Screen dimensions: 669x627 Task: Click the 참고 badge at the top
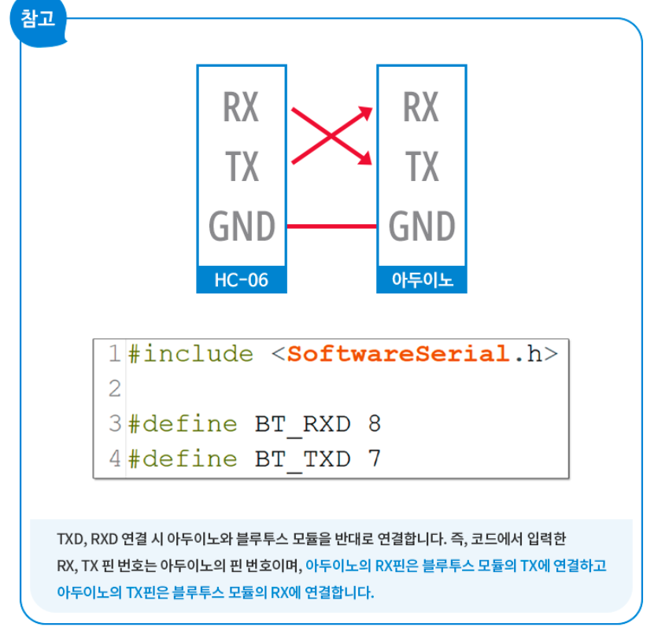coord(38,19)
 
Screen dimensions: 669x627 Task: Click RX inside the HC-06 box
coord(241,107)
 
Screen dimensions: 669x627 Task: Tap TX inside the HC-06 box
coord(241,166)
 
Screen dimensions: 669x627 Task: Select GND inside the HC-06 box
coord(242,227)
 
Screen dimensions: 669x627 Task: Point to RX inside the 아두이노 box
coord(420,107)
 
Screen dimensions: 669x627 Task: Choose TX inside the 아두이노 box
coord(421,166)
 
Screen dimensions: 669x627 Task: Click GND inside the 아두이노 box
coord(422,227)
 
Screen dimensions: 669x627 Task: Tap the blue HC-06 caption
coord(241,280)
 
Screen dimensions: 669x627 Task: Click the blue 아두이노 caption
coord(422,280)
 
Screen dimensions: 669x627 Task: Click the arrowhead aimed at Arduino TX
coord(364,160)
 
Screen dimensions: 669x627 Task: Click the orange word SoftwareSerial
coord(398,354)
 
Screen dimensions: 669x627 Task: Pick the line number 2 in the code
coord(115,389)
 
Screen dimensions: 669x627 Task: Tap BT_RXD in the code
coord(302,424)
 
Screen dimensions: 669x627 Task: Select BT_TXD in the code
coord(302,459)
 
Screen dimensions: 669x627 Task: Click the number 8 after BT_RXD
coord(374,424)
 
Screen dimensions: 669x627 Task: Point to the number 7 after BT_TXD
coord(374,459)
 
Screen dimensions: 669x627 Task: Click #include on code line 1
coord(190,354)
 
